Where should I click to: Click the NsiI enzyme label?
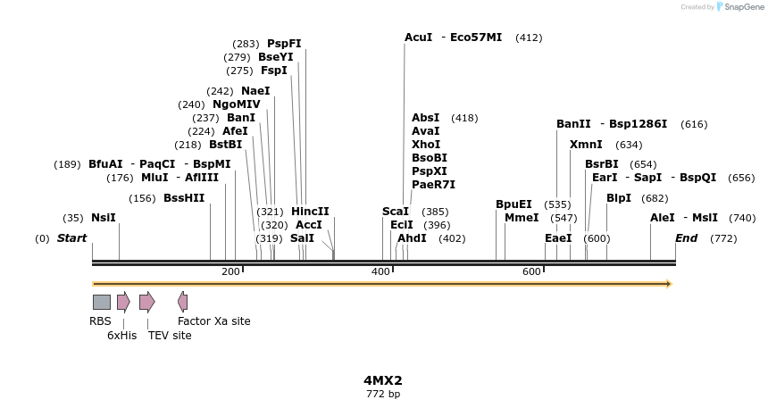click(x=104, y=218)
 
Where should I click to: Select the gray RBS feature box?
click(x=102, y=302)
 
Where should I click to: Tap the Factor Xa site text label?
click(x=214, y=321)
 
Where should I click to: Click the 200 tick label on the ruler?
click(x=230, y=271)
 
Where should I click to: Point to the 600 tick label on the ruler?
click(x=531, y=271)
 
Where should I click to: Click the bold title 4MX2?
click(x=383, y=380)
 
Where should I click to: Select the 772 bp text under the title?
click(x=383, y=394)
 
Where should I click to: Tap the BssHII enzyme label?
click(x=184, y=198)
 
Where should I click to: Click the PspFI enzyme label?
click(x=284, y=44)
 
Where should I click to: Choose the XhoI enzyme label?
click(x=426, y=145)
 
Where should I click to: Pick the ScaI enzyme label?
click(x=396, y=212)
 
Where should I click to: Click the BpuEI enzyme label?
click(x=513, y=204)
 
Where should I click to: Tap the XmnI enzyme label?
click(x=586, y=145)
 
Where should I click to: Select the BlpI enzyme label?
click(x=619, y=198)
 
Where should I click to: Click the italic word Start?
click(x=72, y=238)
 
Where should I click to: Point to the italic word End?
click(x=686, y=238)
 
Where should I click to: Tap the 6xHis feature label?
click(x=121, y=336)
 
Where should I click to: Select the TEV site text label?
click(x=170, y=336)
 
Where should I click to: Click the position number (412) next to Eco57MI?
click(x=529, y=37)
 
